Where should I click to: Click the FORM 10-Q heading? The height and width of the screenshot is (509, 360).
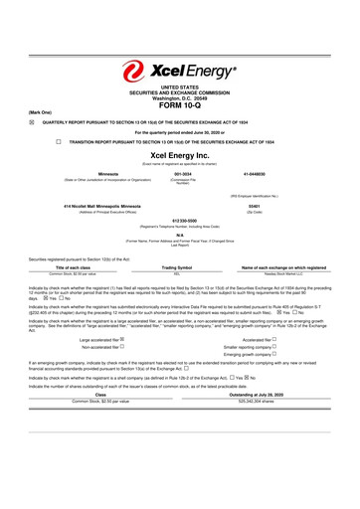180,107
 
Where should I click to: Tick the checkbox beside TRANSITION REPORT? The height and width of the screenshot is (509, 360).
59,142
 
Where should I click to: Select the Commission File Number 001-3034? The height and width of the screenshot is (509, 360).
181,174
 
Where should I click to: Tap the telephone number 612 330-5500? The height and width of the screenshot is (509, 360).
180,221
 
